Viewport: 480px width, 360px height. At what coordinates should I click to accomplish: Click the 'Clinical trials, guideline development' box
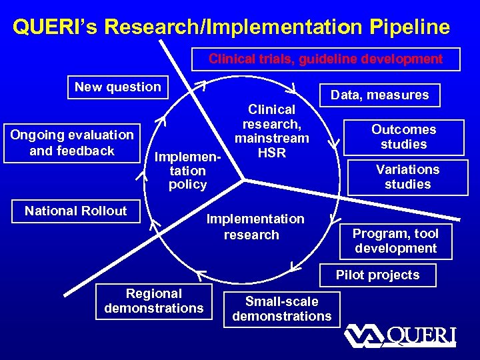point(325,59)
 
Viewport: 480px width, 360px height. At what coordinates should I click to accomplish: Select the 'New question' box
point(117,87)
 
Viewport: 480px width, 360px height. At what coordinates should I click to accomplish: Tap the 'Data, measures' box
point(380,95)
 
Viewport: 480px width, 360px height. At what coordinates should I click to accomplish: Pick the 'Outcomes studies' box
point(403,137)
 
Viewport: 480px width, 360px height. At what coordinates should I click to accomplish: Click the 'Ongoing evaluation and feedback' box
point(72,143)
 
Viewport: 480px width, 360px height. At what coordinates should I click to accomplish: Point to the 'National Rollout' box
point(75,211)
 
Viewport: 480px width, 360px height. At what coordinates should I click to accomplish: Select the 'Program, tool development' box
point(395,241)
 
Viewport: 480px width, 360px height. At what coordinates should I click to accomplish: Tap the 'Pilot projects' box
point(377,275)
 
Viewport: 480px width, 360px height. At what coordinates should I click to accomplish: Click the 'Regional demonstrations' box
point(154,301)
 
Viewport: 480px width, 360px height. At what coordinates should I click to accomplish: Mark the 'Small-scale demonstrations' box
point(281,309)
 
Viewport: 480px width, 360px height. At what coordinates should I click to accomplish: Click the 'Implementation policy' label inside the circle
point(187,171)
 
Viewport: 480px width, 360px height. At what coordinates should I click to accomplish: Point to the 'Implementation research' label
point(255,227)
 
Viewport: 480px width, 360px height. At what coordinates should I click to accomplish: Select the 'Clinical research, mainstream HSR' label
point(271,131)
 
